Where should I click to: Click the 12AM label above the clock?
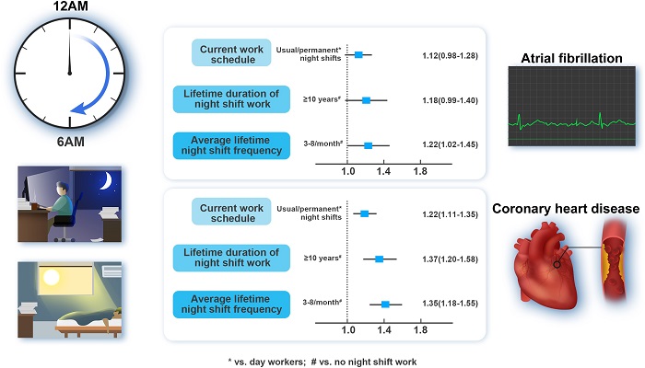point(68,8)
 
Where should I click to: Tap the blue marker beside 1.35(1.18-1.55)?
point(385,304)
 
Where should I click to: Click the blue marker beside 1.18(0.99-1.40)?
point(366,99)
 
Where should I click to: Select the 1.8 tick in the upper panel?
point(419,171)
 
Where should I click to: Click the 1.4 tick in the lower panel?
point(383,328)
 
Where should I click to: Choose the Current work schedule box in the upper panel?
point(227,53)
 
